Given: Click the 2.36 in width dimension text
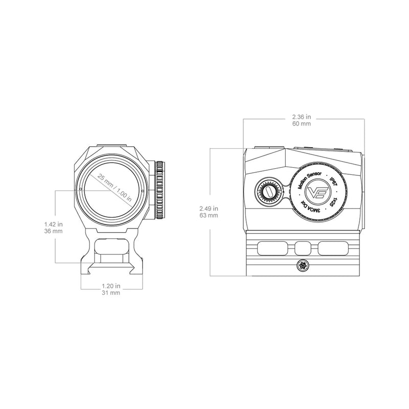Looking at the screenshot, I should click(304, 117).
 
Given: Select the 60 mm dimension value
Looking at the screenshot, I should click(304, 124).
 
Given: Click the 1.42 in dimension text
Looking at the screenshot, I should click(54, 224).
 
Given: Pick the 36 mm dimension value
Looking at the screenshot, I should click(54, 232).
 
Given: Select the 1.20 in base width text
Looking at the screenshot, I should click(111, 286).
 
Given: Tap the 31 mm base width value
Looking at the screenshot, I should click(111, 293).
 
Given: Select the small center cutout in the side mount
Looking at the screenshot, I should click(303, 248).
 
